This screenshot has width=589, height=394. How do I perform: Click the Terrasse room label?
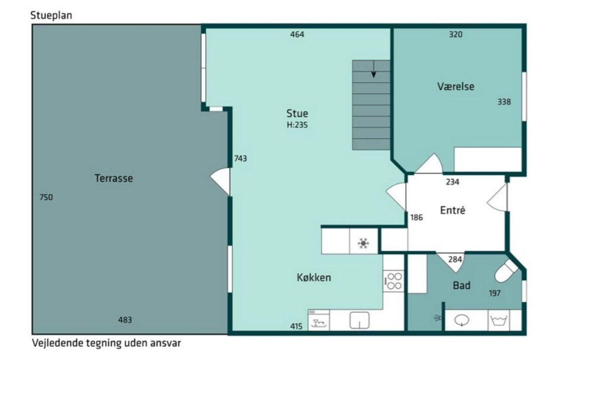tap(114, 178)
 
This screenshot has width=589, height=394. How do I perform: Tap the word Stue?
tap(297, 113)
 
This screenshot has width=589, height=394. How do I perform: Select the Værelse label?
tap(456, 86)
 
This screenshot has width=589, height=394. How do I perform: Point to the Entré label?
tap(453, 210)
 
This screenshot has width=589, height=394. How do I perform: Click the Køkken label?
tap(314, 278)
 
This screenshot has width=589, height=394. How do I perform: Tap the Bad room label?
tap(462, 286)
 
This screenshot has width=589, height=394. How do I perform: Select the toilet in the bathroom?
tap(506, 271)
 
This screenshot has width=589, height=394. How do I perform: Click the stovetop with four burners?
tap(394, 281)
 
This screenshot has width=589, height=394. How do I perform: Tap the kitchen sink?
tap(359, 321)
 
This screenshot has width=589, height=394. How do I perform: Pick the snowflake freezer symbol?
tap(363, 243)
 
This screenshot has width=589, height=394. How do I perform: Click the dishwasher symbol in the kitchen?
tap(318, 320)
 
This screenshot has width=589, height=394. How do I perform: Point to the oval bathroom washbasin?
tap(462, 321)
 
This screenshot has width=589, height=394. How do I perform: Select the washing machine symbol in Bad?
tap(499, 321)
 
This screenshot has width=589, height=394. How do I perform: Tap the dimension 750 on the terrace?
tap(46, 197)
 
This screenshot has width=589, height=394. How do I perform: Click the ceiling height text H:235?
tap(297, 125)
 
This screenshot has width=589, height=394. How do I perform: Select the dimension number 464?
tap(297, 34)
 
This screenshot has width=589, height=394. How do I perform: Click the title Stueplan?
tap(51, 15)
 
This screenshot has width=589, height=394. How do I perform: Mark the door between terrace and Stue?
tap(221, 182)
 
